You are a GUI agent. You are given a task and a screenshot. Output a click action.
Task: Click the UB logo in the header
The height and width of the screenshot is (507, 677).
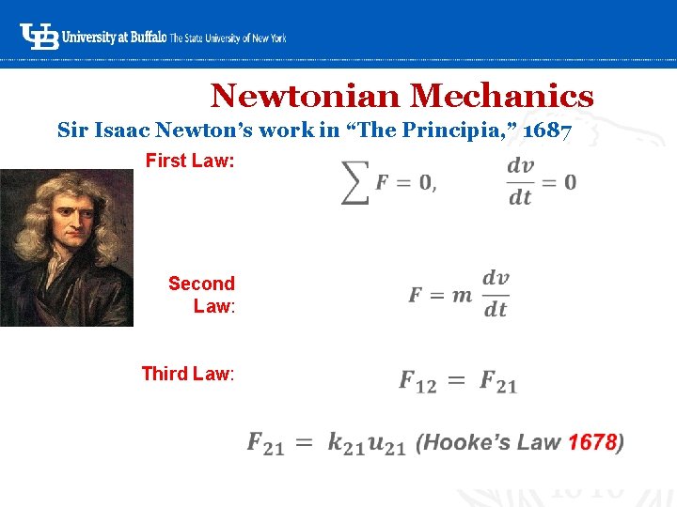(39, 37)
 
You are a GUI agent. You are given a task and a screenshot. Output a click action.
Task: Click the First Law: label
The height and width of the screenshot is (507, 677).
(190, 161)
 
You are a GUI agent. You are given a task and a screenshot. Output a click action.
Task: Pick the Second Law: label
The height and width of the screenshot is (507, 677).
(201, 294)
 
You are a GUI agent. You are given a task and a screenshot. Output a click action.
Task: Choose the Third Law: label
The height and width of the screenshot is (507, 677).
(188, 374)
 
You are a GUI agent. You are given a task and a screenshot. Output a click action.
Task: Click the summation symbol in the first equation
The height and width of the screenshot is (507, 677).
(354, 181)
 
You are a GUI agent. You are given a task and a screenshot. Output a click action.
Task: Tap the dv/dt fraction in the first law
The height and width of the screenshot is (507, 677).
(520, 180)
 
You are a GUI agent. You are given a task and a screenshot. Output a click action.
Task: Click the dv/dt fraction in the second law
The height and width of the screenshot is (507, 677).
(496, 294)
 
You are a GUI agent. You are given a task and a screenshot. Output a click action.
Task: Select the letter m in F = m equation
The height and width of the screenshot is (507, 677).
(462, 296)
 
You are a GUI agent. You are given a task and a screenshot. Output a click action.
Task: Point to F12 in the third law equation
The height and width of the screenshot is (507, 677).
(418, 382)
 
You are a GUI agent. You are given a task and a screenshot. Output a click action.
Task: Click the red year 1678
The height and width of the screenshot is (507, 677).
(592, 441)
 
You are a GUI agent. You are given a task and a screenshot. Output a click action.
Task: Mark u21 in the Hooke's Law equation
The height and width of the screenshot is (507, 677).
(386, 443)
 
